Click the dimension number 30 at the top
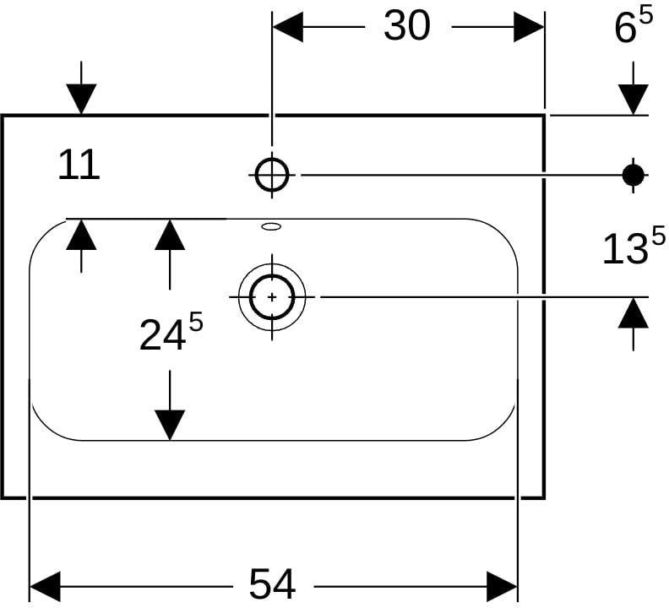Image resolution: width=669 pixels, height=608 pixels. (406, 25)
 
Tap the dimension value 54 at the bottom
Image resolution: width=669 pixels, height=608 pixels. (272, 584)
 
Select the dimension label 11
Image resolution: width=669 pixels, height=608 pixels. (79, 165)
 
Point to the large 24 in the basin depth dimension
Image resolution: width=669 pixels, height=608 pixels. (162, 335)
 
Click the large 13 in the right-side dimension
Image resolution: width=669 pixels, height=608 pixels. (623, 249)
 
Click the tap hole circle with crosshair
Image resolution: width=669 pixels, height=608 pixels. (272, 175)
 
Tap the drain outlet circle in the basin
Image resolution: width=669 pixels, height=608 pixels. (272, 297)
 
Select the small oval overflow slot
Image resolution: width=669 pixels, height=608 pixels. (271, 226)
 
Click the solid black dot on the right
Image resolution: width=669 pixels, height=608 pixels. (634, 175)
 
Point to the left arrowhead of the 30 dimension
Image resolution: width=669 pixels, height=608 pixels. (288, 27)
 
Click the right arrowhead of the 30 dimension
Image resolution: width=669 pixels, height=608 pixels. (529, 27)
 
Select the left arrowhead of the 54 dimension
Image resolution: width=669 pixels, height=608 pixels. (46, 587)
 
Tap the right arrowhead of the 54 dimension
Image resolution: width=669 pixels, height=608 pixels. (503, 587)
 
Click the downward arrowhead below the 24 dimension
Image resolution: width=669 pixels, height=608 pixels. (170, 425)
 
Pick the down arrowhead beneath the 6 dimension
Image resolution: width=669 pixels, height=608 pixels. (634, 100)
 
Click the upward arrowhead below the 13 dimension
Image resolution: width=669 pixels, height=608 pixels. (634, 313)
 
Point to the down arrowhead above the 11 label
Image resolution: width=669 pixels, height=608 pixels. (81, 100)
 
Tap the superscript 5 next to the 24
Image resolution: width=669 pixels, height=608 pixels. (196, 322)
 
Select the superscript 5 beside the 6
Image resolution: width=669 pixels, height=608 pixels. (646, 17)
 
